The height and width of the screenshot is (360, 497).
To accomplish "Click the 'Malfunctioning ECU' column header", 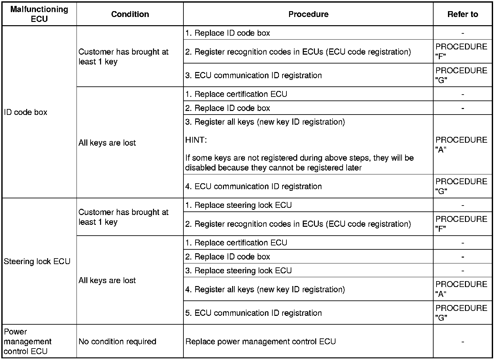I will pos(39,14).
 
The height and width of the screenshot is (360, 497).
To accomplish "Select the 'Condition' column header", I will pos(130,14).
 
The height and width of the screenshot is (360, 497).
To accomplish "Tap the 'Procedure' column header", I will pos(308,14).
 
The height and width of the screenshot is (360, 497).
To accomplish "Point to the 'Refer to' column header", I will pos(462,14).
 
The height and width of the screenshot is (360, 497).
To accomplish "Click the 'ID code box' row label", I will pos(26,112).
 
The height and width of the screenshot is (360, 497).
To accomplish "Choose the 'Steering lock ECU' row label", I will pos(37,261).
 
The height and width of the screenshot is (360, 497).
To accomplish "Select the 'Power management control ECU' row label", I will pos(28,341).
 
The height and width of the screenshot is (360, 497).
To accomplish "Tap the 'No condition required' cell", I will pos(117,341).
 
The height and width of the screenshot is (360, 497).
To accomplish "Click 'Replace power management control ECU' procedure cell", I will pos(261,341).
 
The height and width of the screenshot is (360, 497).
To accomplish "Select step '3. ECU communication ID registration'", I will pos(253,75).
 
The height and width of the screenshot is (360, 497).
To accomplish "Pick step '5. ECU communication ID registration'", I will pos(253,313).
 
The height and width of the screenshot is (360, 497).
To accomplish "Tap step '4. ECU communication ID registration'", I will pos(253,186).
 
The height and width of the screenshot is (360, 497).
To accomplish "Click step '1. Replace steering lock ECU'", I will pos(238,205).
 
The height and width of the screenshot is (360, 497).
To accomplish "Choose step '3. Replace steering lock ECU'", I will pos(238,271).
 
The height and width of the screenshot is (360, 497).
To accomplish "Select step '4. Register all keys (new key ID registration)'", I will pos(265,289).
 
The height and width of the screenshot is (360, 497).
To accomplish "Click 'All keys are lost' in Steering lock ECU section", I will pos(107,280).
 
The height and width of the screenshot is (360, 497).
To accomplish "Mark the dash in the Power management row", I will pos(462,342).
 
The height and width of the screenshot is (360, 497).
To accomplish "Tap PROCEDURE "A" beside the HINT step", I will pos(461,145).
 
